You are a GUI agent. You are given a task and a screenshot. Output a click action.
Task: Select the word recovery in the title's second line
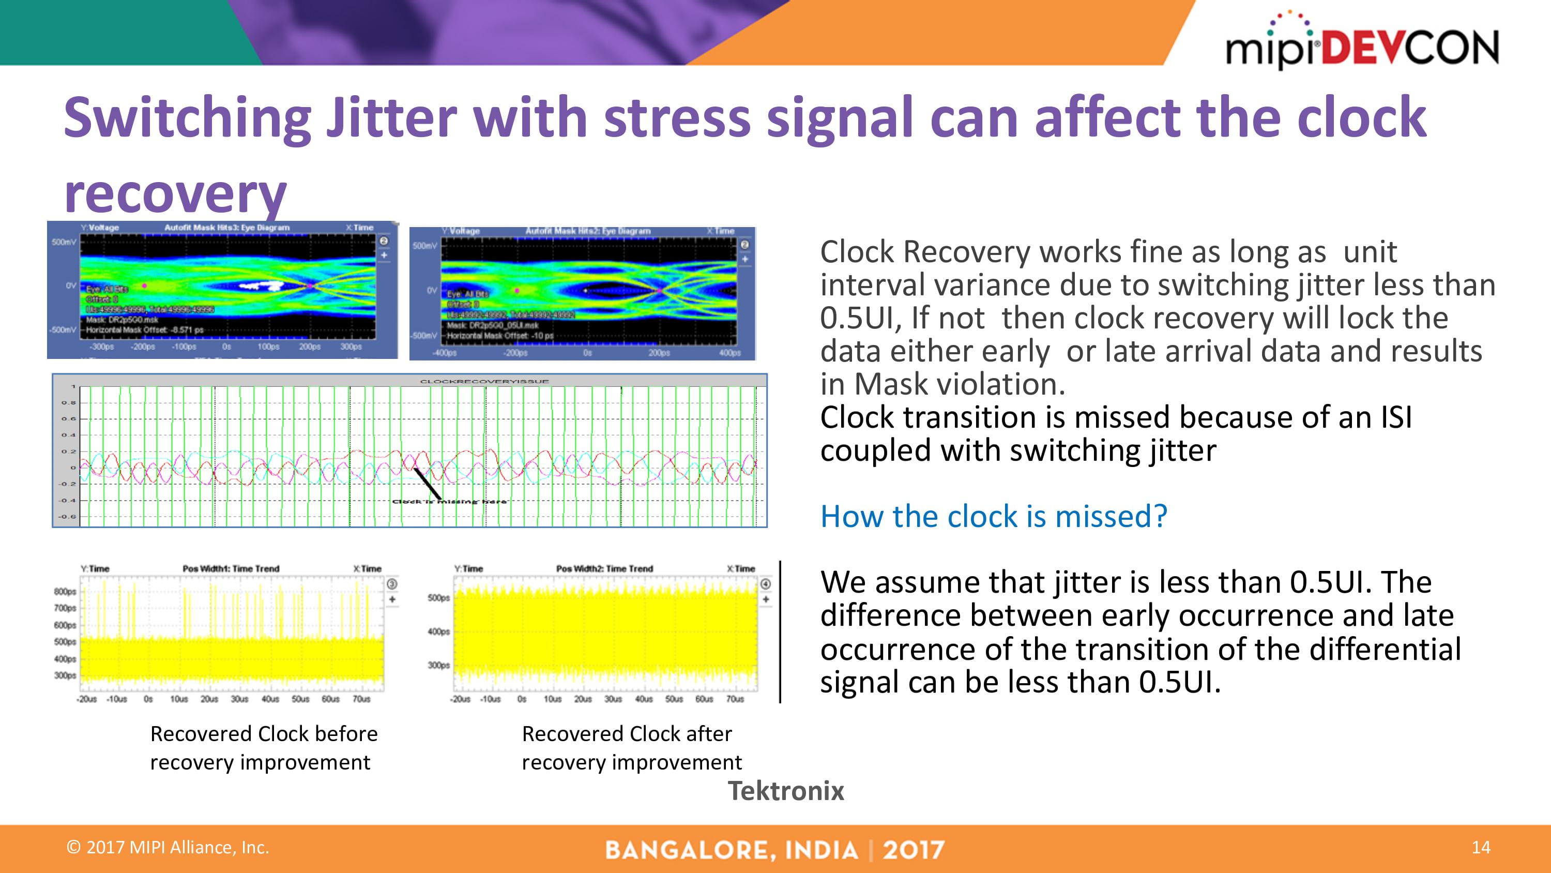(175, 194)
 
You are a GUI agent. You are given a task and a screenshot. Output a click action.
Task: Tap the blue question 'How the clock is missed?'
(994, 516)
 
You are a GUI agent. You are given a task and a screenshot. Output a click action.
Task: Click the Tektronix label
(786, 790)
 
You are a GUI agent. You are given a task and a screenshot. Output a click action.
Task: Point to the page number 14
(1481, 847)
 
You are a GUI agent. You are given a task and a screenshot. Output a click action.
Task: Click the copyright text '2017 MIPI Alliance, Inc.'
(168, 847)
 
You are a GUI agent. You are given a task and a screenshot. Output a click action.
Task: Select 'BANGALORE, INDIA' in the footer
(731, 850)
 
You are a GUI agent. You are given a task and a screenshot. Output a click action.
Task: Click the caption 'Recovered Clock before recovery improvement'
(263, 748)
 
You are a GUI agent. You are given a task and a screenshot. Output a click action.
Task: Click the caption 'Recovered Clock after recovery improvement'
(631, 748)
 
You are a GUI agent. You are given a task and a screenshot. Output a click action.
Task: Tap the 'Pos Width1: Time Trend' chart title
(231, 569)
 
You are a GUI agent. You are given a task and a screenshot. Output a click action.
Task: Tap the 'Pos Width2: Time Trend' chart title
(604, 569)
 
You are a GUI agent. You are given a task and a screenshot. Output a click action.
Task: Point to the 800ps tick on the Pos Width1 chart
(65, 592)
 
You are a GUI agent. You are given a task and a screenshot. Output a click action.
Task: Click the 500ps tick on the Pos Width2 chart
(438, 598)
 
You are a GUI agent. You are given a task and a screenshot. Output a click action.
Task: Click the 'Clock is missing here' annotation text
(449, 501)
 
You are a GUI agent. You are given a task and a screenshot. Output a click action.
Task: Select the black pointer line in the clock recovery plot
(427, 484)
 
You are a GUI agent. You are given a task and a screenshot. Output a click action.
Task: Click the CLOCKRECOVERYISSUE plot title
(484, 381)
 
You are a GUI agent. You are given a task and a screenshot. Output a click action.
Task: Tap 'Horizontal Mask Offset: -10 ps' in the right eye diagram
(500, 336)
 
